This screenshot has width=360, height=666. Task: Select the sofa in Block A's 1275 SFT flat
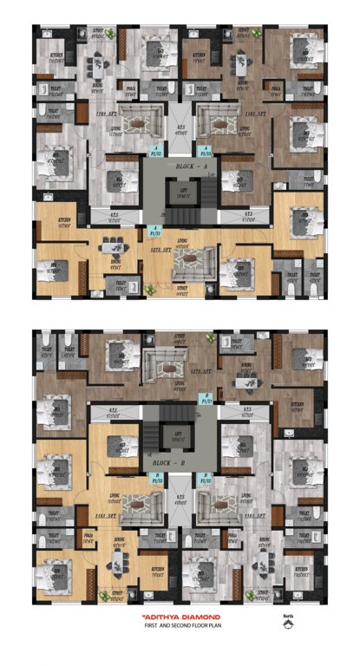click(200, 258)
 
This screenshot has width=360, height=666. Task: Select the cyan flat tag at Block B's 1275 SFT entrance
click(206, 402)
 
